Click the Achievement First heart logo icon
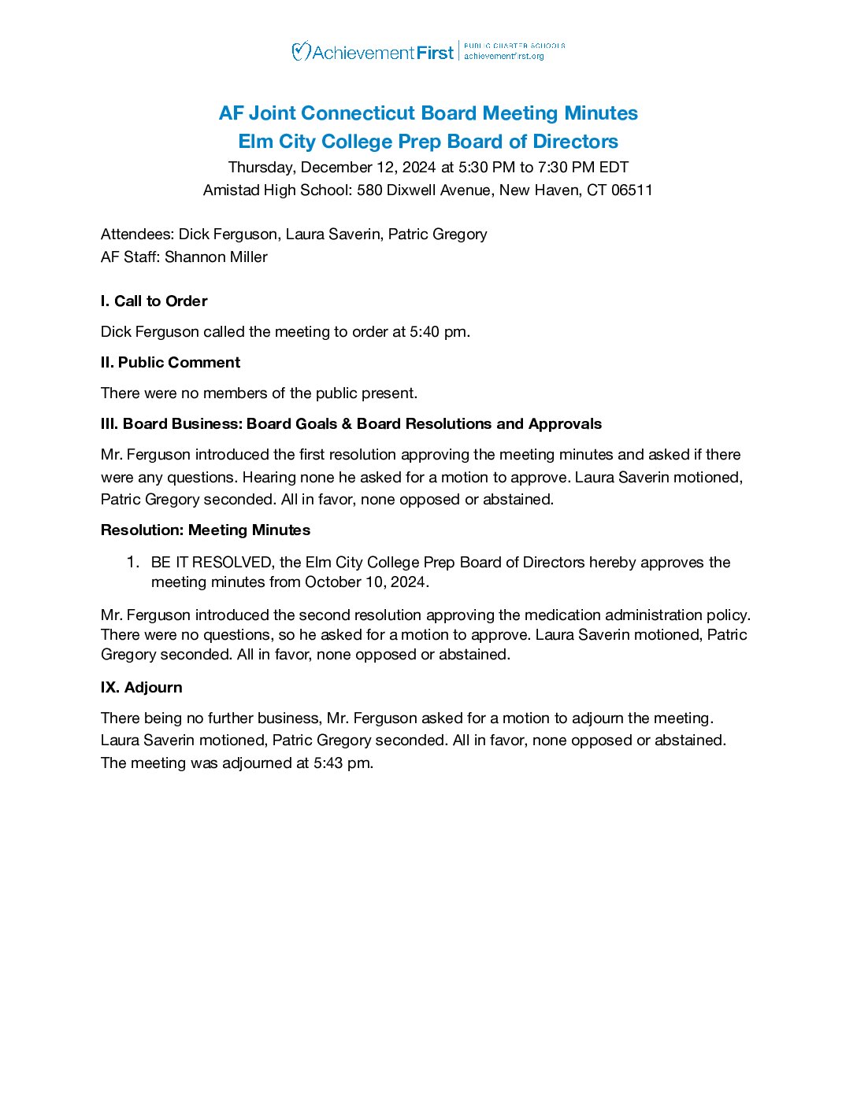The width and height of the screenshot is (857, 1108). click(301, 52)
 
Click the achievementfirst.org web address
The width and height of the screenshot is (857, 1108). click(504, 57)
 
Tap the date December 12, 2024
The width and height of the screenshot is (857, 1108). click(368, 167)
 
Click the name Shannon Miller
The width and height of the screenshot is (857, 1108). click(216, 257)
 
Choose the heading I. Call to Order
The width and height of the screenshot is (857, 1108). click(154, 301)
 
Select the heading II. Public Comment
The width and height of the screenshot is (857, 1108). click(170, 362)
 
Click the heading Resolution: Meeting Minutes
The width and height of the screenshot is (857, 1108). click(206, 530)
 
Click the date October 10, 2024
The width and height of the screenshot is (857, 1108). click(366, 582)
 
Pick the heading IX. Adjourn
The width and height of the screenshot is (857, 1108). click(141, 687)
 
